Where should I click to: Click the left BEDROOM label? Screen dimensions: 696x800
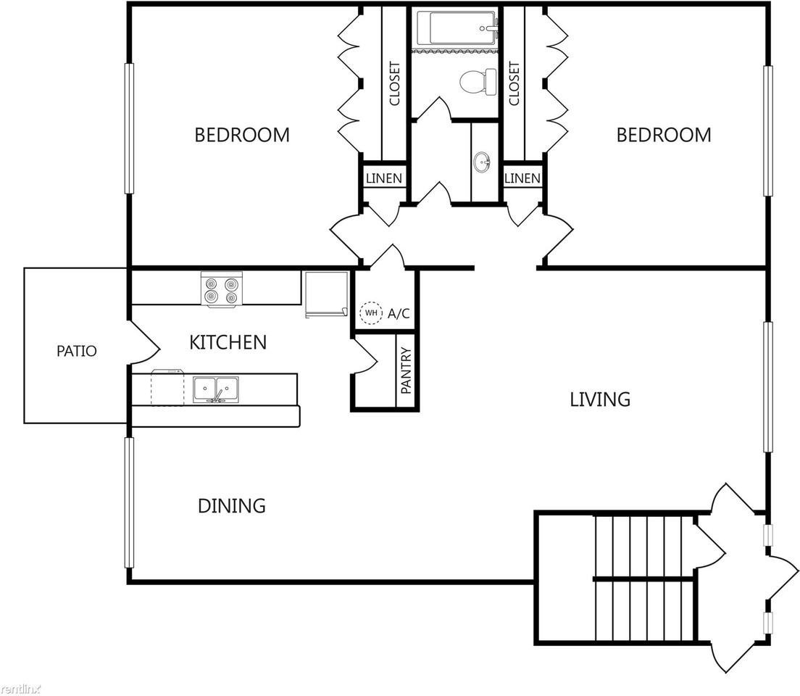242,135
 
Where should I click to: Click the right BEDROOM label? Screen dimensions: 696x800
663,135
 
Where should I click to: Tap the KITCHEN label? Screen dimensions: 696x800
228,342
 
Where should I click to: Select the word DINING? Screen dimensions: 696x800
231,505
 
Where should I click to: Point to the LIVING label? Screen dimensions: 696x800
599,399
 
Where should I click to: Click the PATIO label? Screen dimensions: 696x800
77,352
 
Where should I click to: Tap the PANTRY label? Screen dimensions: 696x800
406,370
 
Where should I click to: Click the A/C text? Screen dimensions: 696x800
399,313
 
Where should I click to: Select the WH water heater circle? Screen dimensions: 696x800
371,313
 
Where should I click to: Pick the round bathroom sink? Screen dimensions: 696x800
482,162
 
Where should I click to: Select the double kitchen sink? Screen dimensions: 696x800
217,389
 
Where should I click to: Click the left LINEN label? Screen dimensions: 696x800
383,178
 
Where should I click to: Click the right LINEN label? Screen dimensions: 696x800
522,178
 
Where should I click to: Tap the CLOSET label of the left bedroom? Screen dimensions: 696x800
395,84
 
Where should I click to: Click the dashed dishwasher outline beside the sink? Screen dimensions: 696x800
167,389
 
